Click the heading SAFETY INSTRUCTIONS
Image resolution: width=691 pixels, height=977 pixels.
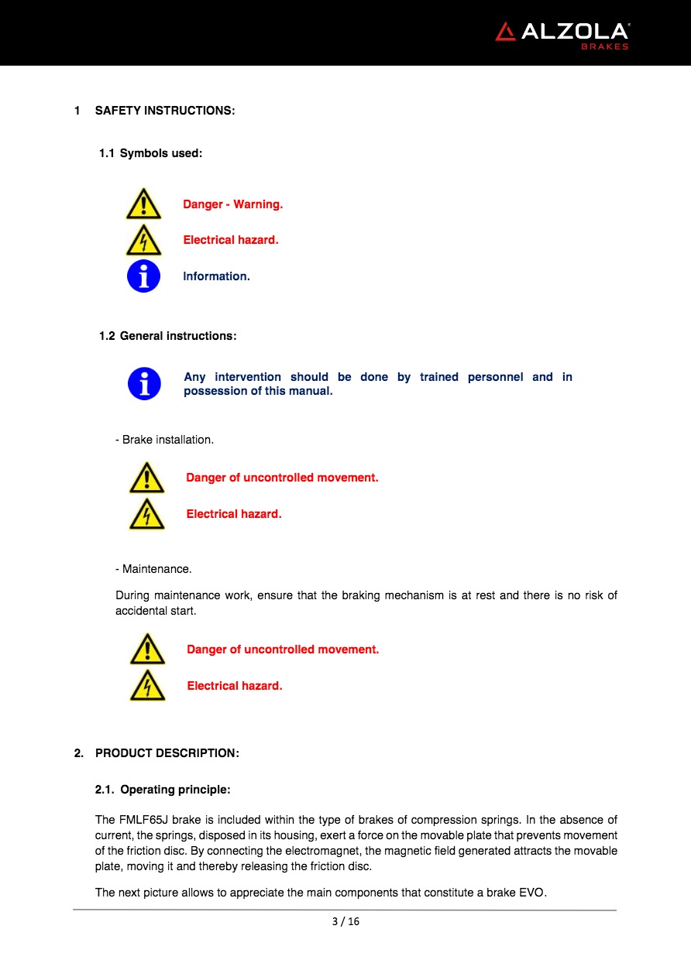pyautogui.click(x=164, y=111)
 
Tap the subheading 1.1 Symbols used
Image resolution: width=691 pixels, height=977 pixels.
pyautogui.click(x=150, y=153)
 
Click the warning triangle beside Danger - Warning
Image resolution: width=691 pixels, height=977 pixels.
pyautogui.click(x=143, y=204)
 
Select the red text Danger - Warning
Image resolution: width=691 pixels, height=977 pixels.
pyautogui.click(x=232, y=204)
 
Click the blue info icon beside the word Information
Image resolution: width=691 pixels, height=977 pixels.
pyautogui.click(x=143, y=276)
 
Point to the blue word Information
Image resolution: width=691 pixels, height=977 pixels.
pyautogui.click(x=216, y=276)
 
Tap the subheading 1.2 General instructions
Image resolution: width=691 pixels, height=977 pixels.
pyautogui.click(x=167, y=336)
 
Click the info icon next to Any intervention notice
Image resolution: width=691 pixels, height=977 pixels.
pyautogui.click(x=144, y=384)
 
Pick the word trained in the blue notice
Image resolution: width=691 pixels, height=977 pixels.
pyautogui.click(x=438, y=377)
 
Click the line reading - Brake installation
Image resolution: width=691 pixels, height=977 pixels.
pyautogui.click(x=164, y=440)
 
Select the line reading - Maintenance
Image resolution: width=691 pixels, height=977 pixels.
pyautogui.click(x=153, y=569)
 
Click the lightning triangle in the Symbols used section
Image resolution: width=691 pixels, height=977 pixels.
pyautogui.click(x=143, y=240)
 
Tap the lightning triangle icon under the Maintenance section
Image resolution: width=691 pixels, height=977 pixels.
pyautogui.click(x=147, y=686)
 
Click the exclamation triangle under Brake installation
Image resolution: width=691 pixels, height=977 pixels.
pyautogui.click(x=147, y=478)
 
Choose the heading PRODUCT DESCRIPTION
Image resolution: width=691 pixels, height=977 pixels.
pyautogui.click(x=167, y=753)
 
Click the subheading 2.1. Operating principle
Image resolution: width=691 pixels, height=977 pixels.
pyautogui.click(x=163, y=790)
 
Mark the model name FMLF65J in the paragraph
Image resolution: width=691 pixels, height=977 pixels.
pyautogui.click(x=143, y=820)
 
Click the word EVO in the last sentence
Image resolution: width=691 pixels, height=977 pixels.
pyautogui.click(x=532, y=893)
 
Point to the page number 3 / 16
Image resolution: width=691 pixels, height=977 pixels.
pyautogui.click(x=345, y=921)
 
